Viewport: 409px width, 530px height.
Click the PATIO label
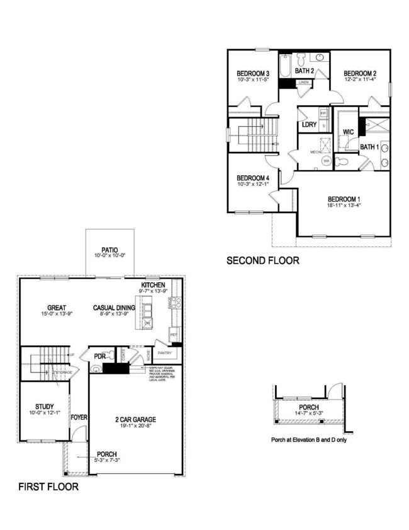pos(110,250)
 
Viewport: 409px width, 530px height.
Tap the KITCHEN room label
pos(153,285)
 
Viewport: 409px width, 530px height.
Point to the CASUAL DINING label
pos(113,308)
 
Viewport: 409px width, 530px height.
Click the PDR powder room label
pos(99,356)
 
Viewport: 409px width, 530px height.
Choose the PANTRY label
pos(165,353)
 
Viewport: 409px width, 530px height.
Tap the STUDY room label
pos(45,406)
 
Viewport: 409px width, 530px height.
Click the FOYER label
pos(79,417)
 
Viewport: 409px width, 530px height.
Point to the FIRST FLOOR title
pos(48,487)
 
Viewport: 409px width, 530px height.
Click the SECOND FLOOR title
pos(263,260)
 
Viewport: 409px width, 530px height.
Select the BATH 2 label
pos(305,71)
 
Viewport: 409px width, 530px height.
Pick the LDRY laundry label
pos(308,125)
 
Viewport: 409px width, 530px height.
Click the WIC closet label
pos(349,132)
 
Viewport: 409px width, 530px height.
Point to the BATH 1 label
pos(369,147)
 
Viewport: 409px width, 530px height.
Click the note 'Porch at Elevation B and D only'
pos(308,439)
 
